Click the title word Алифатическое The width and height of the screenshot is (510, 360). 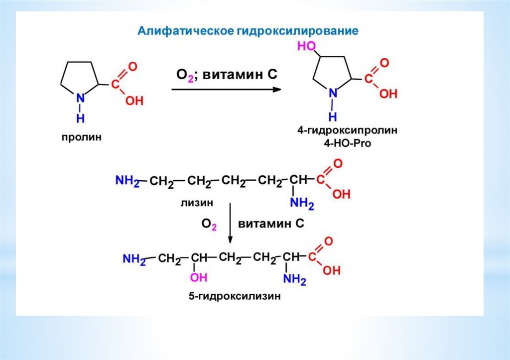183,31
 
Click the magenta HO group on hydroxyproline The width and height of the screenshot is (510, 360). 306,46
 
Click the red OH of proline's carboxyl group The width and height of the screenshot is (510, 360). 134,101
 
